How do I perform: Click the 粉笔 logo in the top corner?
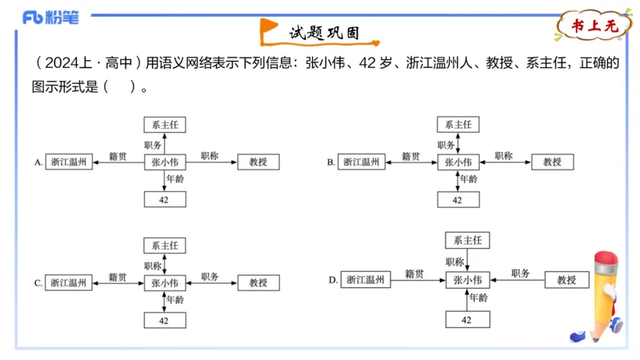pyautogui.click(x=49, y=17)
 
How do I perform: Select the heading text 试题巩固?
pyautogui.click(x=323, y=33)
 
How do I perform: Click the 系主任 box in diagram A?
pyautogui.click(x=165, y=124)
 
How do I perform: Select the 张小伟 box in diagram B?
pyautogui.click(x=458, y=162)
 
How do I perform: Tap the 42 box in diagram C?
pyautogui.click(x=165, y=320)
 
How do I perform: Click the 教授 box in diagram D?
pyautogui.click(x=566, y=280)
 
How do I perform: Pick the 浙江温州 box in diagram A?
pyautogui.click(x=70, y=162)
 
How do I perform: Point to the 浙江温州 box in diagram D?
pyautogui.click(x=365, y=280)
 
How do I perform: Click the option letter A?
pyautogui.click(x=38, y=162)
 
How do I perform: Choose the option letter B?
pyautogui.click(x=330, y=162)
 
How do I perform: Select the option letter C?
pyautogui.click(x=38, y=282)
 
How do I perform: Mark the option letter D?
pyautogui.click(x=333, y=280)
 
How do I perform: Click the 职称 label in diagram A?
pyautogui.click(x=210, y=156)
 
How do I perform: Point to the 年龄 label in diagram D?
pyautogui.click(x=478, y=298)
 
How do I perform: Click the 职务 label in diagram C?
pyautogui.click(x=210, y=276)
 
